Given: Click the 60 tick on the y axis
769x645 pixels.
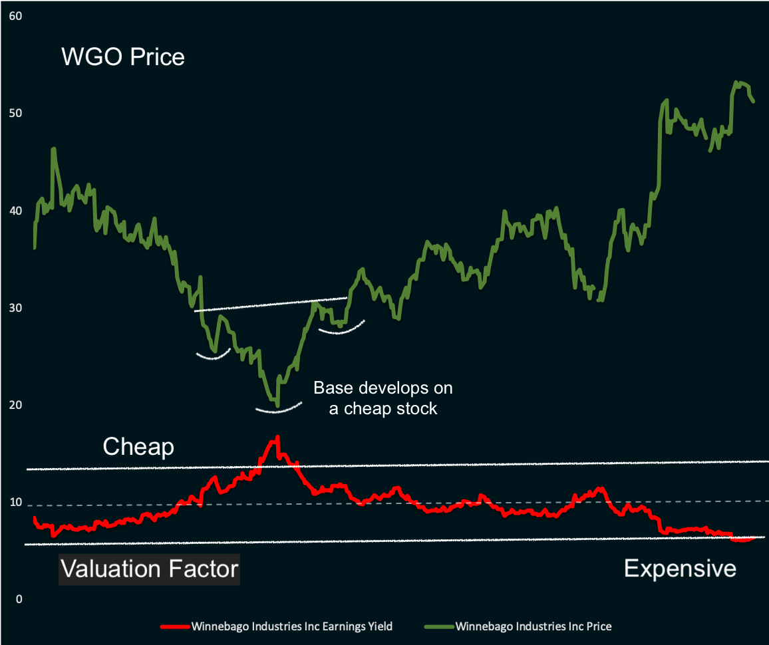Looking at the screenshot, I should pos(15,15).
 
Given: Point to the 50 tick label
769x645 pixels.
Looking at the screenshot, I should pos(15,113).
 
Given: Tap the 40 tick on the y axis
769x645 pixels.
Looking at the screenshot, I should pos(15,211).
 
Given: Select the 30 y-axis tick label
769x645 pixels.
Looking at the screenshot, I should pos(15,309).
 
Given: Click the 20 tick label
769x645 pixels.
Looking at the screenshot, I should pos(15,406).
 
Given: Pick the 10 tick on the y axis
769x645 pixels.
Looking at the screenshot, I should pos(15,503).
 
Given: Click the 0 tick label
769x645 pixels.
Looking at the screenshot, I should pos(19,600).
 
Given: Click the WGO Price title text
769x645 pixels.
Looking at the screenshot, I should pos(123,57).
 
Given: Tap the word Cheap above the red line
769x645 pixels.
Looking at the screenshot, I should pos(138,447).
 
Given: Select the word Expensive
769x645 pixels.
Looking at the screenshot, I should pos(680,569).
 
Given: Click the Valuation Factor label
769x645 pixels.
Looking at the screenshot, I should pos(150,569).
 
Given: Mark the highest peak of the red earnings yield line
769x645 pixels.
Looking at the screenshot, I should pos(277,437).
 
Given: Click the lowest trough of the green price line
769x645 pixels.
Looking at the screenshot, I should pos(277,405).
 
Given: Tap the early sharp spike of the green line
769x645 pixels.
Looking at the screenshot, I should pos(53,149).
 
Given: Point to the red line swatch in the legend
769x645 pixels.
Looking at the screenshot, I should pos(174,626).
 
